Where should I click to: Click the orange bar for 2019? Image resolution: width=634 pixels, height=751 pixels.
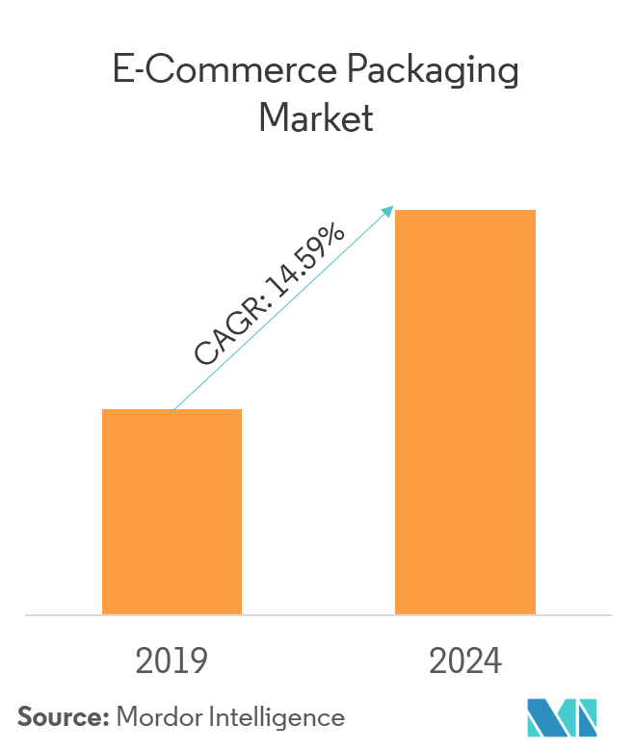coord(172,511)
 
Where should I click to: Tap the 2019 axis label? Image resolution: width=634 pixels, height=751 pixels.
coord(172,661)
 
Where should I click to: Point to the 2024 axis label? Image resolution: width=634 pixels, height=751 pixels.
coord(465,661)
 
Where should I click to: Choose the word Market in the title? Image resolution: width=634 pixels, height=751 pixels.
coord(316,120)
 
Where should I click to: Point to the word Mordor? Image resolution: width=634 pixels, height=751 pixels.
coord(157,717)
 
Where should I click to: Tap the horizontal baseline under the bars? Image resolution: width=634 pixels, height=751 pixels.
coord(317,614)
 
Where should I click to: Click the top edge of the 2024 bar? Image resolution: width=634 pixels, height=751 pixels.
coord(465,210)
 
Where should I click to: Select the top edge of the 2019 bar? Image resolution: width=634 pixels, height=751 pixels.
coord(172,410)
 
